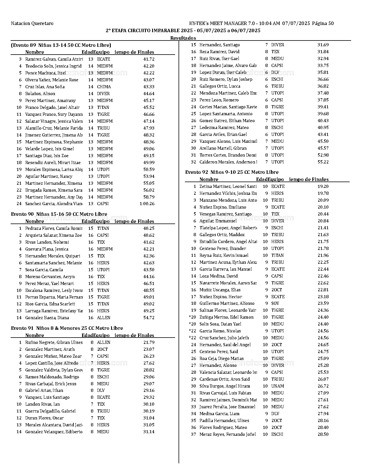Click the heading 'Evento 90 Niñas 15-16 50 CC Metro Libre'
(59, 214)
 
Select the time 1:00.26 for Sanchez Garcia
(147, 204)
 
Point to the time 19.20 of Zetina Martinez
(323, 186)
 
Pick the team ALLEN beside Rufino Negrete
(103, 342)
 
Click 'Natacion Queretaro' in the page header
(32, 23)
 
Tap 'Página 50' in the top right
(323, 23)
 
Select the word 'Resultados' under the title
(183, 38)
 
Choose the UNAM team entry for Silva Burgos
(277, 386)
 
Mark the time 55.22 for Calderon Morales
(323, 162)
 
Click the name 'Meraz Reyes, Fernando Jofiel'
(227, 434)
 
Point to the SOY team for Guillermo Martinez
(275, 303)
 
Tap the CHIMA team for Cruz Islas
(104, 87)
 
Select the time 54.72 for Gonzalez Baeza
(149, 318)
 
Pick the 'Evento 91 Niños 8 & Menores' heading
(67, 328)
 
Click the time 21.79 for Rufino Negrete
(149, 342)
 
